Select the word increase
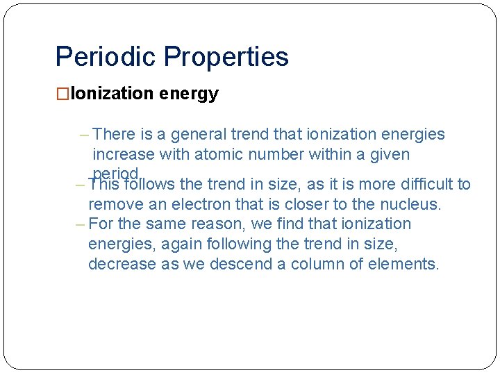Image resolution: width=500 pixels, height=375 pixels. pos(124,154)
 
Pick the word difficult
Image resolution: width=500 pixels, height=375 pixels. pos(424,184)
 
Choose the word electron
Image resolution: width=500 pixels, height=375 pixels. pos(197,204)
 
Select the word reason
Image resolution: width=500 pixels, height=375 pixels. pos(214,224)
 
